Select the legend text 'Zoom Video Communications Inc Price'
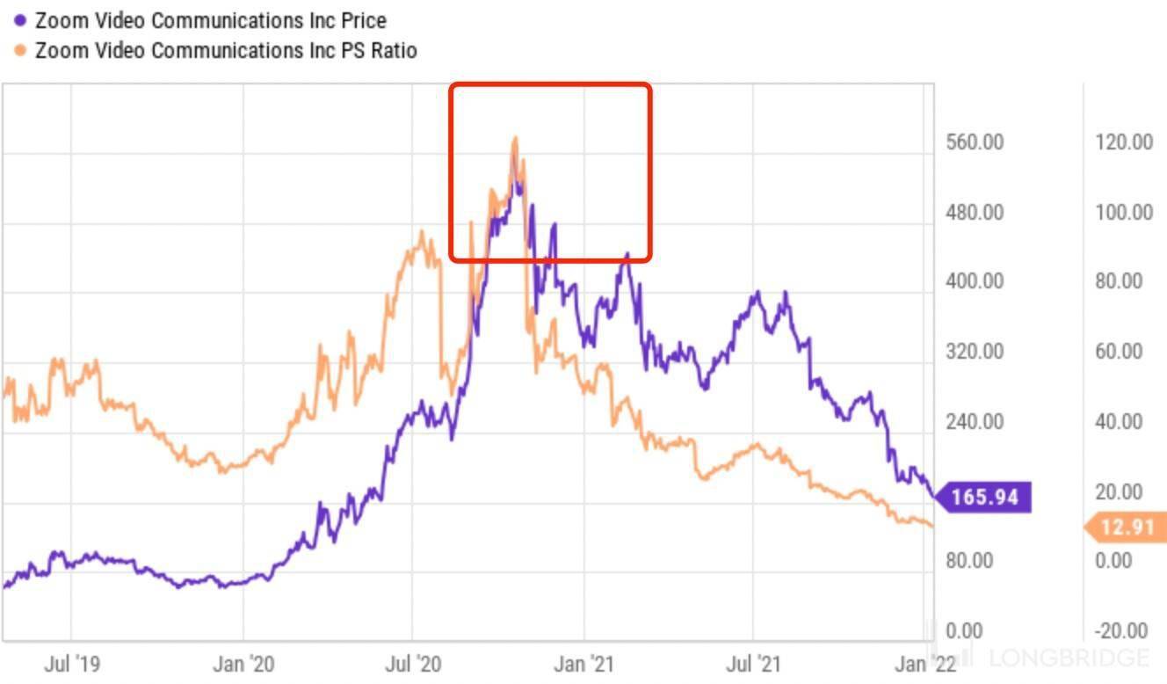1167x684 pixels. click(x=210, y=20)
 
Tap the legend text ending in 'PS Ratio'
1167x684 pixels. click(x=226, y=50)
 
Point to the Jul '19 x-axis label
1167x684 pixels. click(x=72, y=664)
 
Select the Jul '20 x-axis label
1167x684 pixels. click(x=413, y=664)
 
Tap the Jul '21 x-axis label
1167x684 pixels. click(x=755, y=664)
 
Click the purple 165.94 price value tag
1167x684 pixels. click(x=984, y=498)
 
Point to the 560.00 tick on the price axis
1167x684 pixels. click(x=975, y=142)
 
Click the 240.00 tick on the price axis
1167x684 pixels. click(x=975, y=421)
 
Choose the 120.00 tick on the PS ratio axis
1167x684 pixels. click(x=1124, y=142)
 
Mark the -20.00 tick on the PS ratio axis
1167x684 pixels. click(x=1122, y=630)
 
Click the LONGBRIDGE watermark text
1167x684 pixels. click(x=1069, y=658)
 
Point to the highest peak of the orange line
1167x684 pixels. click(x=515, y=138)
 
